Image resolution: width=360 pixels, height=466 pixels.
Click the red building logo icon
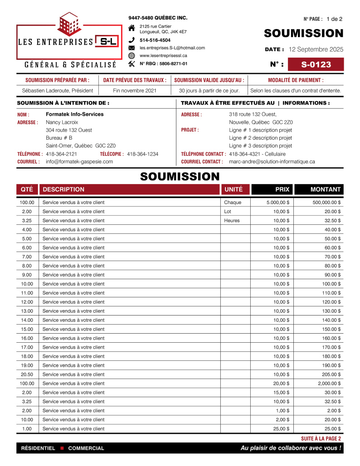(70, 24)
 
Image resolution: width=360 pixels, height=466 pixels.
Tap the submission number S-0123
(316, 64)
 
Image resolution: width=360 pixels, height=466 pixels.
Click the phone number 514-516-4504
(155, 40)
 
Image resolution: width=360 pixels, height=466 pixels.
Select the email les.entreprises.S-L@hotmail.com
(172, 48)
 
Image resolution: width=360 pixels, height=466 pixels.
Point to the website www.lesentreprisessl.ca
(163, 55)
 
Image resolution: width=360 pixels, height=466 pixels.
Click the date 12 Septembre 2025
(316, 49)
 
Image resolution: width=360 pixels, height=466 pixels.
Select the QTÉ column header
(27, 189)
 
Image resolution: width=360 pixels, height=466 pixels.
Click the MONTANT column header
(325, 189)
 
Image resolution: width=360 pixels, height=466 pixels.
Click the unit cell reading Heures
(232, 221)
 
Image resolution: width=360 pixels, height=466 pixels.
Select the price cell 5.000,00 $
(278, 203)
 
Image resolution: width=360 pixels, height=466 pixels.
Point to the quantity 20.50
(27, 374)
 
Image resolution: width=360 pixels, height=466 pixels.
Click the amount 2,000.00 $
(328, 383)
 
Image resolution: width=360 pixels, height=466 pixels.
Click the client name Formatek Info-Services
(74, 114)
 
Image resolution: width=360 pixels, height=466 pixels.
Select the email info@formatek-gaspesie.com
(79, 161)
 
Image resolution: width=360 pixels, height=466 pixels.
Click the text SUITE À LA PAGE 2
(321, 439)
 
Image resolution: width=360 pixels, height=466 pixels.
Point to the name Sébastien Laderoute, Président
(58, 91)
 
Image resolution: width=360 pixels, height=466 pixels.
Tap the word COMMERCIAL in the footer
(86, 448)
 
